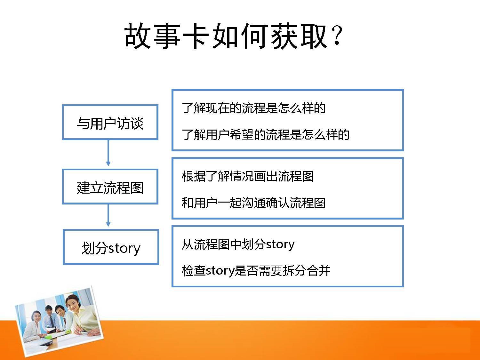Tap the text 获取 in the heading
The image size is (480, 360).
coord(299,36)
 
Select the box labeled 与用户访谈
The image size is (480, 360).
coord(110,122)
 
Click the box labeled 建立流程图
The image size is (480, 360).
coord(110,187)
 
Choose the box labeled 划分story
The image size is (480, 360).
coord(111,247)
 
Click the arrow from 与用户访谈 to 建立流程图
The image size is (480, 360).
coord(108,153)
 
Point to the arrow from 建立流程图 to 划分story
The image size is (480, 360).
coord(108,215)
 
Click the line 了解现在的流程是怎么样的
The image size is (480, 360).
coord(254,108)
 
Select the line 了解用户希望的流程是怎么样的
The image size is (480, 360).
coord(266,134)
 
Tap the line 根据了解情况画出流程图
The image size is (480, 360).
coord(248,176)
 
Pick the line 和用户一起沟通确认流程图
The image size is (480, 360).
coord(254,203)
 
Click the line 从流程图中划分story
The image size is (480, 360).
coord(238,244)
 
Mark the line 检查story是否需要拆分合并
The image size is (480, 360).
coord(256,271)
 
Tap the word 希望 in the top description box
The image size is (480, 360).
coord(242,134)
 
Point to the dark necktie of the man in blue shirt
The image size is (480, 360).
coord(52,321)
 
